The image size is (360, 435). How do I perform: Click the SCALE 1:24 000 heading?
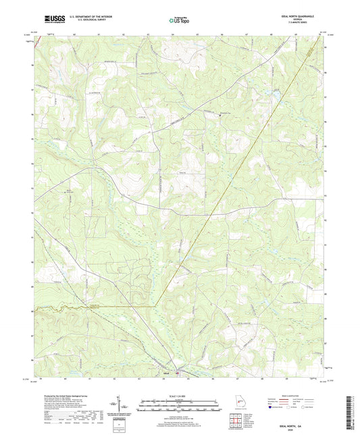coord(180,396)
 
